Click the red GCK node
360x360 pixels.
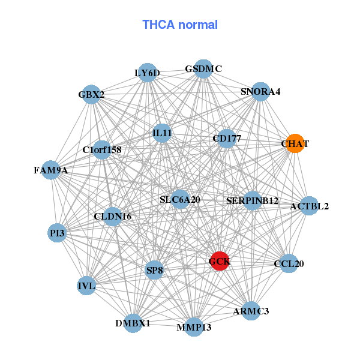[220, 261]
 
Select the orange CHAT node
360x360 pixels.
[295, 144]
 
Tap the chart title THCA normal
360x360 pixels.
[180, 25]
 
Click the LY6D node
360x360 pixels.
[148, 73]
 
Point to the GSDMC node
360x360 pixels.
[203, 69]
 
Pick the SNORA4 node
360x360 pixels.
[260, 92]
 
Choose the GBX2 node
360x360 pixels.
[91, 95]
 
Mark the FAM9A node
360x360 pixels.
[51, 170]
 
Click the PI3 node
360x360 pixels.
[57, 232]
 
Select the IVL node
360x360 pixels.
[86, 286]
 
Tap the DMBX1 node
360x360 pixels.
[133, 323]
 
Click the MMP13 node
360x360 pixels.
[194, 327]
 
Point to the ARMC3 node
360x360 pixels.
[251, 311]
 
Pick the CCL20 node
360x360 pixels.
[289, 263]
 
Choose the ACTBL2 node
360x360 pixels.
[309, 206]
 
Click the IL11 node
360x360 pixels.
[162, 133]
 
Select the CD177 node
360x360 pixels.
[227, 139]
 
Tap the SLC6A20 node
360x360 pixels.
[180, 199]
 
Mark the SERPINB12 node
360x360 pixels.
[253, 200]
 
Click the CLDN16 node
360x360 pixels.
[113, 216]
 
